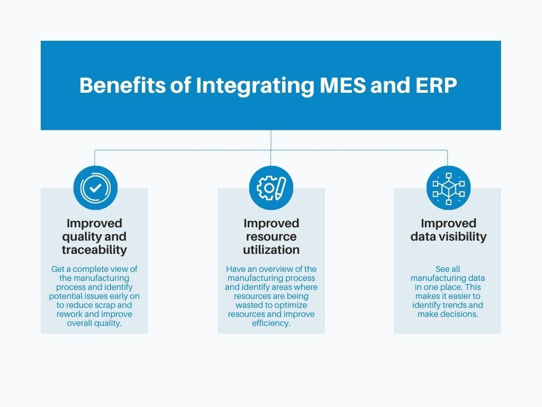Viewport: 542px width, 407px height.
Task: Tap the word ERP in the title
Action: pos(435,85)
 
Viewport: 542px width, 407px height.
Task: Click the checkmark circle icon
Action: pos(95,188)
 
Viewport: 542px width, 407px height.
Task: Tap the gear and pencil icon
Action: pos(271,188)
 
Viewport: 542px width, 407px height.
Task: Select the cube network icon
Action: pos(448,188)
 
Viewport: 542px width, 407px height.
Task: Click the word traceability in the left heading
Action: pos(94,250)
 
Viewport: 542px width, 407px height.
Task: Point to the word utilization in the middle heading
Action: pos(271,250)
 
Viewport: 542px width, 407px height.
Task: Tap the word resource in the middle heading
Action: pos(271,236)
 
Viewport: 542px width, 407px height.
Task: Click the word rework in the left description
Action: pos(70,314)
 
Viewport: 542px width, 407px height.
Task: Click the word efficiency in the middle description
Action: pos(270,323)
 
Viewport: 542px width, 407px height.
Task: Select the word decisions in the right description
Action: pos(459,314)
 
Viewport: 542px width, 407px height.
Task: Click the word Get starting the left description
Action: pos(58,269)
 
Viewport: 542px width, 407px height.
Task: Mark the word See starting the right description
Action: pos(442,269)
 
